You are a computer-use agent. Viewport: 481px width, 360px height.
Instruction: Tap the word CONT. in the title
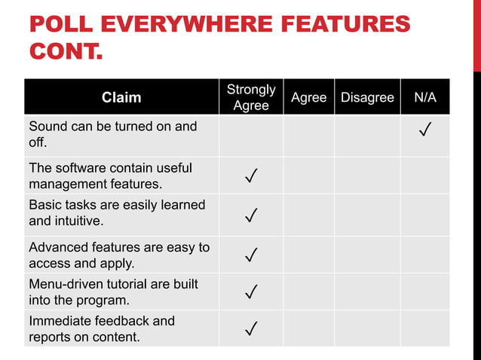66,53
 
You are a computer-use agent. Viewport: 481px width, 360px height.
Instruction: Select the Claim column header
121,97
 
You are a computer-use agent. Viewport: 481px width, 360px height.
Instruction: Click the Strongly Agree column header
251,97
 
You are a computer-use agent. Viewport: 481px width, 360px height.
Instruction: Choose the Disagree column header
367,97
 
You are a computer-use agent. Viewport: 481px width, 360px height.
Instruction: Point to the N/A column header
424,97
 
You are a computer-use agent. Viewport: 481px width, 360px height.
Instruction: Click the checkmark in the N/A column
424,133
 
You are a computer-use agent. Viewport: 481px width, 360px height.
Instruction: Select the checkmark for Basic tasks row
252,217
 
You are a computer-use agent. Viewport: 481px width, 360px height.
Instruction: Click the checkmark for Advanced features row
252,256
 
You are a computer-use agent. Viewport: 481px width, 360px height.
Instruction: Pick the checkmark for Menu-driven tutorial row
252,291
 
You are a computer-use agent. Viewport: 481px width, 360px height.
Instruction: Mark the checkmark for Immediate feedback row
252,328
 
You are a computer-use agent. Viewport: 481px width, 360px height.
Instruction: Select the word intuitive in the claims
78,221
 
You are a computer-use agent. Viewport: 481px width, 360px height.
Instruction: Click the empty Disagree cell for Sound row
367,136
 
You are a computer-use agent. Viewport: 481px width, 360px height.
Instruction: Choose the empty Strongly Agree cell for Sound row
251,136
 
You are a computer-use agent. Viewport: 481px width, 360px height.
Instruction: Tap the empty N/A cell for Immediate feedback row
424,328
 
